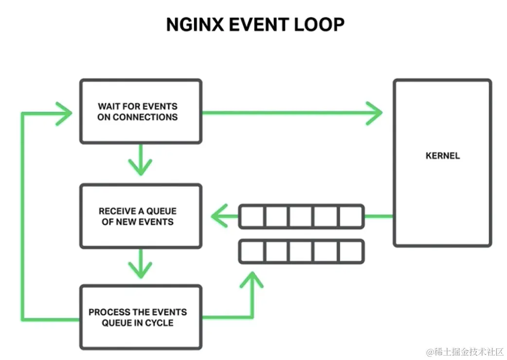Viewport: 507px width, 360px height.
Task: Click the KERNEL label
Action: pos(442,156)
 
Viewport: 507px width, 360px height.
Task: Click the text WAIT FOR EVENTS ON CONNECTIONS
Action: pos(138,111)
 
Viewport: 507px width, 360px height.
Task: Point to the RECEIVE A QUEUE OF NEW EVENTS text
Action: pos(138,216)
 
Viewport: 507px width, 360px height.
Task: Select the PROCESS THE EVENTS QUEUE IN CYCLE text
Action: pos(138,317)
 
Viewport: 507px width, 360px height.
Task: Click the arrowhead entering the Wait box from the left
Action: pos(65,113)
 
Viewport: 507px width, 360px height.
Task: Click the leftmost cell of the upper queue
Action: pos(252,216)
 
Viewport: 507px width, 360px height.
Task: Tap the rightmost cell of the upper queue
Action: pos(350,216)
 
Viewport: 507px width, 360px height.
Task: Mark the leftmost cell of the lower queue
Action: pos(252,252)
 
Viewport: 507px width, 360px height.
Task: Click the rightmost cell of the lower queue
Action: pos(350,252)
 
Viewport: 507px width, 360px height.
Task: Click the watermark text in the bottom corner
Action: pos(464,351)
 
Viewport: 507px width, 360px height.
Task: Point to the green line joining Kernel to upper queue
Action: pos(379,216)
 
